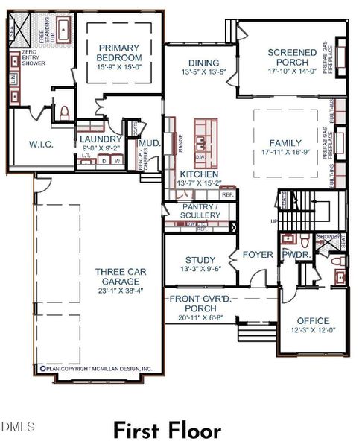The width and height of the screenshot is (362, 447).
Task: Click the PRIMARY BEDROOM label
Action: [119, 53]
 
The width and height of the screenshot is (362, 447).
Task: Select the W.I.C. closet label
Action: [40, 144]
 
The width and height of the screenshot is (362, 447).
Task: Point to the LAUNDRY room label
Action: [101, 139]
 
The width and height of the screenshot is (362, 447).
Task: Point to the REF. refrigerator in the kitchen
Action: [227, 194]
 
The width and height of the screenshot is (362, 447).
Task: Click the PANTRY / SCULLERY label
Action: [200, 210]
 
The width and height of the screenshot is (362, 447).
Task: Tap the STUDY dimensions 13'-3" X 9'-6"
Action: [200, 268]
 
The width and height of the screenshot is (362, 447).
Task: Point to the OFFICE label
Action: [313, 321]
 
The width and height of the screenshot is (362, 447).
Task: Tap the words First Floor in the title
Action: [167, 431]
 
